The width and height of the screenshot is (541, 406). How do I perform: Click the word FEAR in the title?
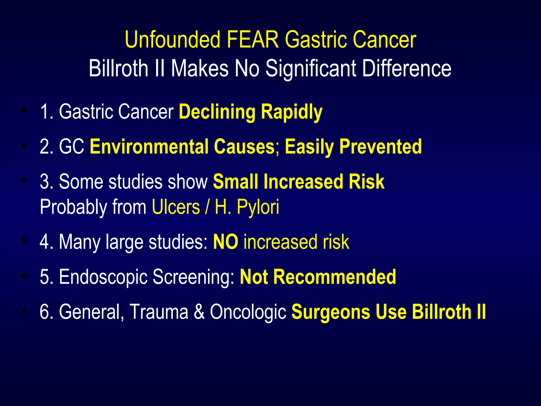[x=253, y=40]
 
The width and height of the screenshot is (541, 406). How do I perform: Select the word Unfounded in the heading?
[x=172, y=40]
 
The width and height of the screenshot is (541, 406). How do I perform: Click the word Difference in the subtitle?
[x=407, y=68]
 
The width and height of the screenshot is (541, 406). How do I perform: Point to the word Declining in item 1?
[x=217, y=112]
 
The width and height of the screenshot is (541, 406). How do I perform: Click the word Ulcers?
[x=176, y=207]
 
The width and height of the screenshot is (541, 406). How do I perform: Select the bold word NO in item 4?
[x=225, y=242]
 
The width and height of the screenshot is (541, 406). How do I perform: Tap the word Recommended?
[x=334, y=277]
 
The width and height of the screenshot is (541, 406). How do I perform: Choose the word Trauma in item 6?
[x=159, y=312]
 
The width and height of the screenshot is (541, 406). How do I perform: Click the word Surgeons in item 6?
[x=330, y=312]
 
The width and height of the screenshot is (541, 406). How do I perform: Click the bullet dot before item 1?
[x=24, y=110]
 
